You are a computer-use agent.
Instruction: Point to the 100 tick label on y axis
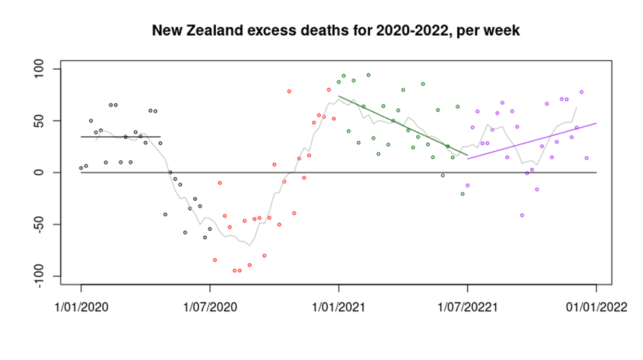click(x=39, y=69)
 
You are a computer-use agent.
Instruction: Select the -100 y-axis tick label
click(x=39, y=276)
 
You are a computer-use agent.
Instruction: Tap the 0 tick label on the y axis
click(x=39, y=172)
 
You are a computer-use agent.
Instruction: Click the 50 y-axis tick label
click(x=39, y=120)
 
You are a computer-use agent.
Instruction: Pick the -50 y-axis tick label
click(x=39, y=224)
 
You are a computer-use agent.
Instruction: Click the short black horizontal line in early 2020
click(x=120, y=136)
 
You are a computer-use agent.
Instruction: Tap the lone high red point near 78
click(x=289, y=91)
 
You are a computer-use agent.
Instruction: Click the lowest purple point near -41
click(x=522, y=215)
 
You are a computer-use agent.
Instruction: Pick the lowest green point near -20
click(x=462, y=193)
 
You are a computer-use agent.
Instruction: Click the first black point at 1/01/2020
click(x=81, y=168)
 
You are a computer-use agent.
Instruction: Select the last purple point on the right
click(x=586, y=158)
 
